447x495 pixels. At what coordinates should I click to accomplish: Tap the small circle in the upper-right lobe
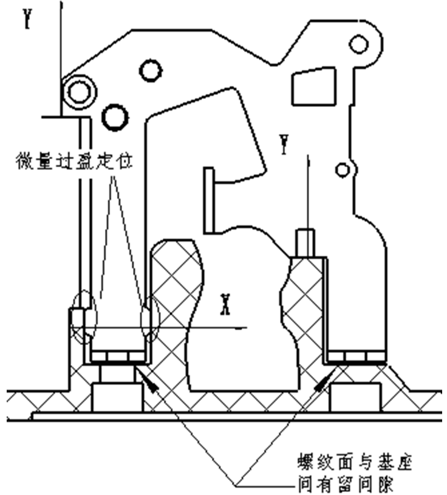(x=360, y=43)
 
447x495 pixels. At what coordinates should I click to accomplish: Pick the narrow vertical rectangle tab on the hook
(x=209, y=200)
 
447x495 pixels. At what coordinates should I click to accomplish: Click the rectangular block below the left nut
(x=117, y=398)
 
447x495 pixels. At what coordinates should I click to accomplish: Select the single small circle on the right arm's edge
(x=344, y=168)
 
